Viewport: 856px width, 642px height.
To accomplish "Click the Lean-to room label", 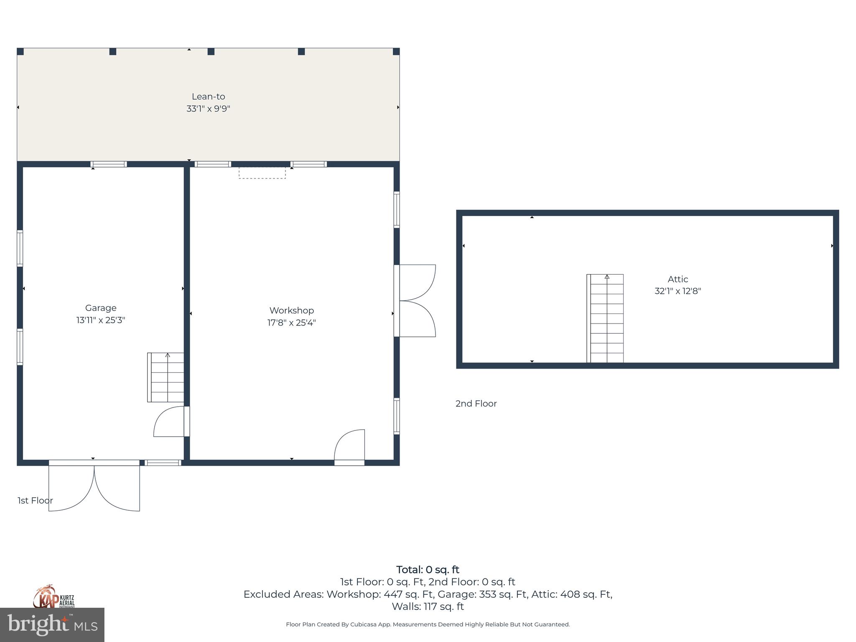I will [x=208, y=97].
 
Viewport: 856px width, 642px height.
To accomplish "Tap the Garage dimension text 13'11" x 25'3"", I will [x=101, y=320].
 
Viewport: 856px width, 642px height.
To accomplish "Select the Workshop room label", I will [x=291, y=311].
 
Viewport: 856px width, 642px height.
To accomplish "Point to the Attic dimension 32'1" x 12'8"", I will [x=678, y=291].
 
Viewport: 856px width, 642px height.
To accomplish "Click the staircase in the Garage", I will [x=166, y=377].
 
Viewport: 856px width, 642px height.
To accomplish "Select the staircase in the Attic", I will [x=606, y=318].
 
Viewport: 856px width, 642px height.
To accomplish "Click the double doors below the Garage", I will [x=94, y=487].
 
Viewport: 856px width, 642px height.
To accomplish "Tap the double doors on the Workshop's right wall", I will [x=416, y=301].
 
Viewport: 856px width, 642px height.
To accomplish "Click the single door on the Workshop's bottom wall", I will [x=350, y=447].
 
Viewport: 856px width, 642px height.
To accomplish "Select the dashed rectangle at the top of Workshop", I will [x=262, y=173].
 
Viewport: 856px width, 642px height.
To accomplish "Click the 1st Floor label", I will [x=35, y=501].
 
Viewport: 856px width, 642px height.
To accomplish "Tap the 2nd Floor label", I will [x=476, y=404].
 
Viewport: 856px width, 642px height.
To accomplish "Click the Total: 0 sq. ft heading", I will [x=428, y=570].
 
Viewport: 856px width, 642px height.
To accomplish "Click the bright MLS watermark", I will [x=52, y=625].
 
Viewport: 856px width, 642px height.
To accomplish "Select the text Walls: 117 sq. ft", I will [x=428, y=606].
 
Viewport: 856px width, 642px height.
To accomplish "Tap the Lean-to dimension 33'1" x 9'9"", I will [x=208, y=109].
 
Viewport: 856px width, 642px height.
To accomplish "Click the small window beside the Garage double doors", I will [x=163, y=463].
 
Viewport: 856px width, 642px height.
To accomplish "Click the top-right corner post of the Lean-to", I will [x=396, y=51].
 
